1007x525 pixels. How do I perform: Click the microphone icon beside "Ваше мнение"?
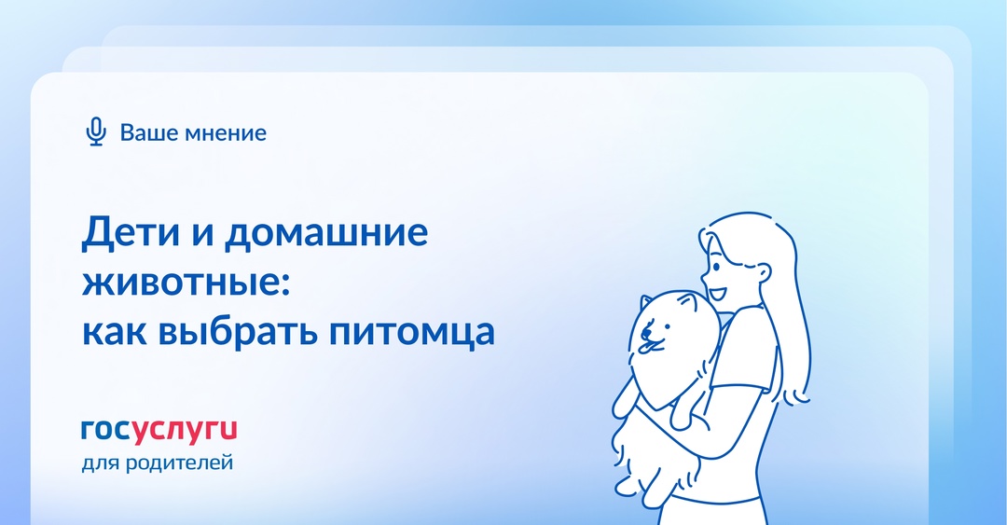coord(95,132)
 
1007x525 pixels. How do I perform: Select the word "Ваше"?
coord(145,132)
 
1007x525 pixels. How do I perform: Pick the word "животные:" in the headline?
coord(187,283)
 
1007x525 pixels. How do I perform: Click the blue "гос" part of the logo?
coord(104,430)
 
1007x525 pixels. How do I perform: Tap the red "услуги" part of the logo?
coord(184,430)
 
